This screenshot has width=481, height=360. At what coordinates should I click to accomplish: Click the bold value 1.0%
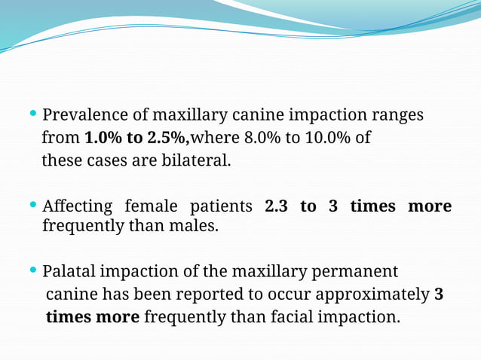click(x=101, y=139)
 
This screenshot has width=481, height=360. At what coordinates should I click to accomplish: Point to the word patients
click(x=222, y=206)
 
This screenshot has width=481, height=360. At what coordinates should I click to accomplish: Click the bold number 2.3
click(x=277, y=206)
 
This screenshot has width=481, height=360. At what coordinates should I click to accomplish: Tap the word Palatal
click(x=69, y=271)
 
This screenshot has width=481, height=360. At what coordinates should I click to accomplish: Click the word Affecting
click(x=77, y=206)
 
